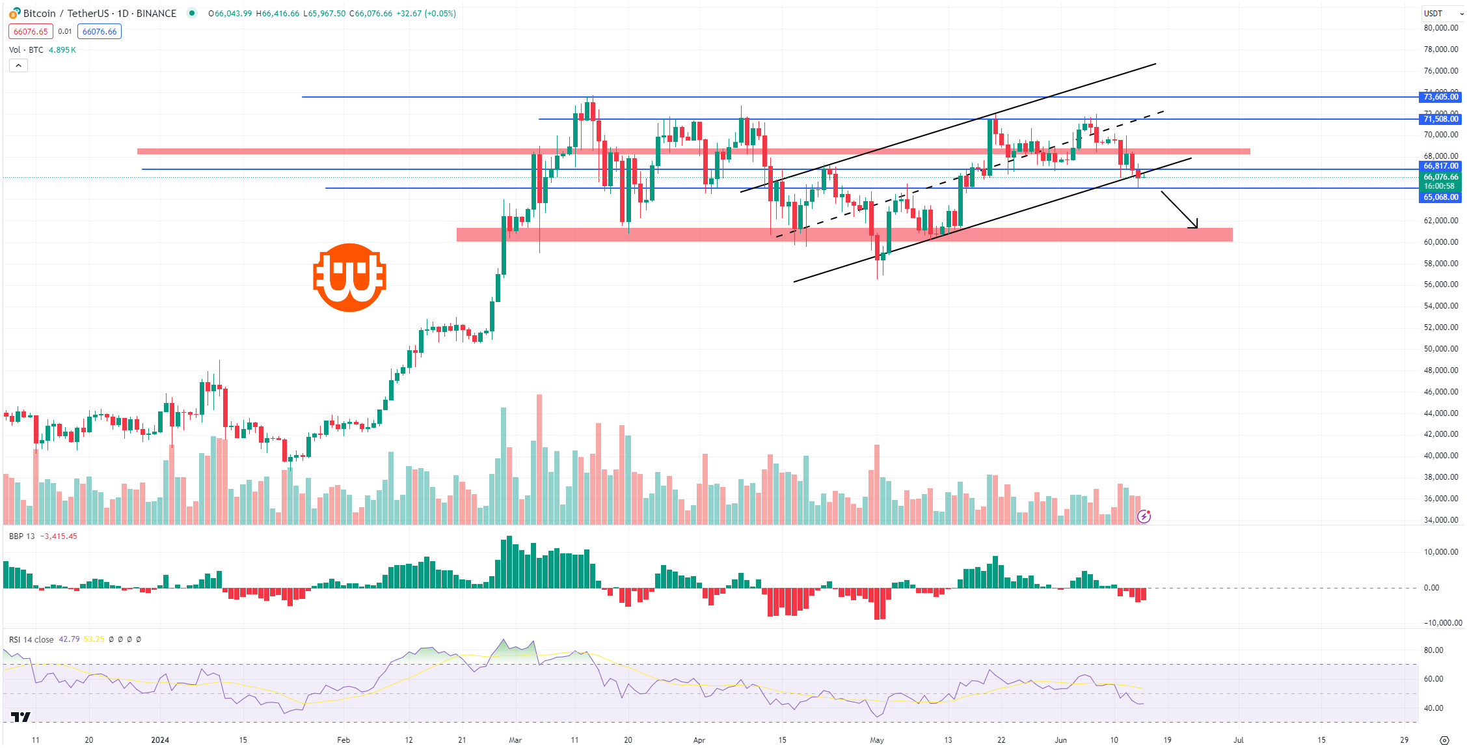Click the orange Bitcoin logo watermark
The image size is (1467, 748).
[x=350, y=278]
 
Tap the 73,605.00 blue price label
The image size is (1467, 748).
[x=1440, y=97]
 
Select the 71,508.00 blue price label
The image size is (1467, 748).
[x=1440, y=119]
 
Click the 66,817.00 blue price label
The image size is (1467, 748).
[x=1440, y=166]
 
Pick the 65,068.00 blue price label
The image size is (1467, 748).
[x=1440, y=197]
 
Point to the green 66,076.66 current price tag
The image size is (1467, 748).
[x=1440, y=177]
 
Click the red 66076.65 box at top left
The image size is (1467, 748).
[x=31, y=32]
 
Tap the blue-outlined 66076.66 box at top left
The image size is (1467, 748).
[x=100, y=32]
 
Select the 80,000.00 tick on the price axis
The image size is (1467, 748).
[x=1440, y=28]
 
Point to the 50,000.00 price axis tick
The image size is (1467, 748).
[x=1440, y=349]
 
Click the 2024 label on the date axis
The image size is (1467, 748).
[x=160, y=740]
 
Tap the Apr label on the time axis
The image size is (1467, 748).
[x=699, y=740]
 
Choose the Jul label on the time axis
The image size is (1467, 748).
[x=1239, y=740]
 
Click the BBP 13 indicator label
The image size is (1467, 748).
[x=22, y=536]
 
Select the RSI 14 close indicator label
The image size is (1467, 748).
[x=31, y=639]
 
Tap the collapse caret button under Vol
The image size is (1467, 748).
[x=18, y=65]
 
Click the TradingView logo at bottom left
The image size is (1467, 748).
[x=21, y=717]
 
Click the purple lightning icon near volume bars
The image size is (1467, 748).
[x=1144, y=517]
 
